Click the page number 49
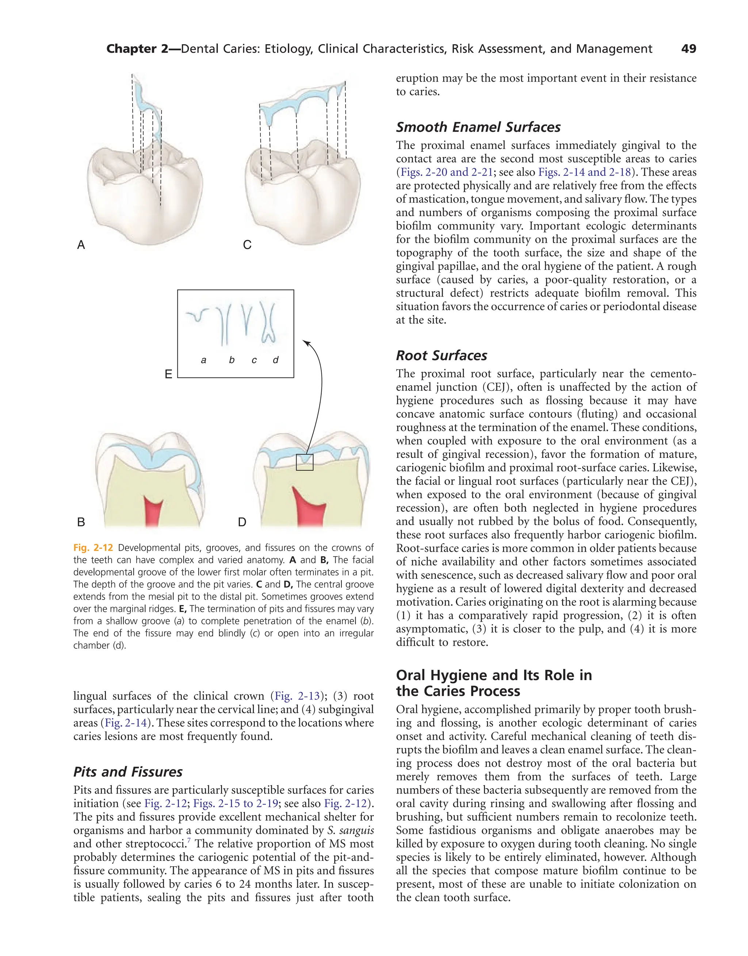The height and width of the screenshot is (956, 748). pyautogui.click(x=688, y=49)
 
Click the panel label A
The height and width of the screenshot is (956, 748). pyautogui.click(x=81, y=245)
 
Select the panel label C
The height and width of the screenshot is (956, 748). pyautogui.click(x=247, y=245)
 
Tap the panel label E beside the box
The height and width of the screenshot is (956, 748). pyautogui.click(x=168, y=374)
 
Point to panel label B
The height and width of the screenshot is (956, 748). pyautogui.click(x=81, y=522)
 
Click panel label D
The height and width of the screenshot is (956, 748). pyautogui.click(x=242, y=522)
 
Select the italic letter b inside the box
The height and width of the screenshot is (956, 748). pyautogui.click(x=231, y=360)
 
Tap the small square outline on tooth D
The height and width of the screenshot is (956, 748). pyautogui.click(x=305, y=462)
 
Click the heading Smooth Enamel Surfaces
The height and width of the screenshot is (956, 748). pyautogui.click(x=478, y=127)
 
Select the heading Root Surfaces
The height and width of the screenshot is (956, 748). pyautogui.click(x=441, y=355)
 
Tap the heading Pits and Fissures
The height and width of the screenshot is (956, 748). pyautogui.click(x=127, y=771)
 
